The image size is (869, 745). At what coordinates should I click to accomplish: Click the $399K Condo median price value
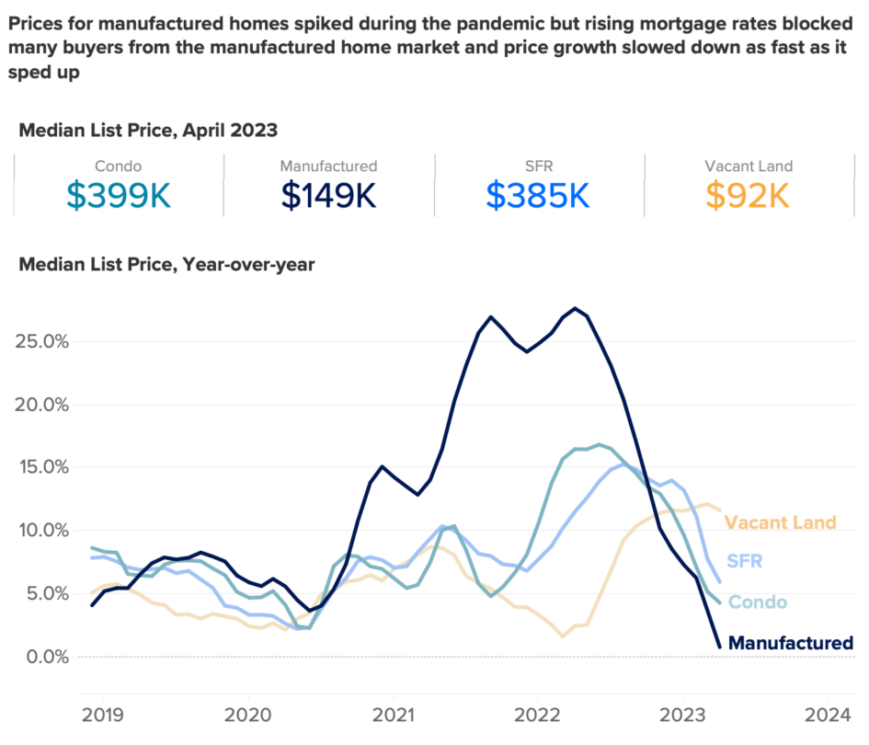[x=119, y=195]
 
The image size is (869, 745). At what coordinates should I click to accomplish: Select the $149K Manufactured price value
[x=328, y=195]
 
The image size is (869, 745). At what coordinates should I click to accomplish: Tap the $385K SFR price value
[x=538, y=195]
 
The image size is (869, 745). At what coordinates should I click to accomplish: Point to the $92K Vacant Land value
[x=748, y=195]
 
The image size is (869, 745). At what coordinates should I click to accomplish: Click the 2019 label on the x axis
[x=104, y=714]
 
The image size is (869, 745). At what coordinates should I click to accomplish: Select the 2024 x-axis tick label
[x=827, y=714]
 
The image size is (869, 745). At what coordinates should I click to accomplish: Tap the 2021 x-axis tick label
[x=393, y=714]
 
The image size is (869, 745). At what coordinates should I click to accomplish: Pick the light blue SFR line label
[x=744, y=560]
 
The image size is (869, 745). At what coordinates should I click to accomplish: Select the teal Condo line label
[x=758, y=602]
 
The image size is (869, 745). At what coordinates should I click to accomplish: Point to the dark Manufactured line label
[x=790, y=643]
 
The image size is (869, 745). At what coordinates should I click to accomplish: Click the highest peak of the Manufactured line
[x=576, y=308]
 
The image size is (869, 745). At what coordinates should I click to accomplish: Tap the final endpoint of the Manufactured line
[x=719, y=647]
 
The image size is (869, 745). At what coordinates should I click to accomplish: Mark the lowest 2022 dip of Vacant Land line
[x=563, y=636]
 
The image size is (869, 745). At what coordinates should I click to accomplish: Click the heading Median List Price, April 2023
[x=148, y=130]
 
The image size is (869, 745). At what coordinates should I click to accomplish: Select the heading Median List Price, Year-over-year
[x=166, y=265]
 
